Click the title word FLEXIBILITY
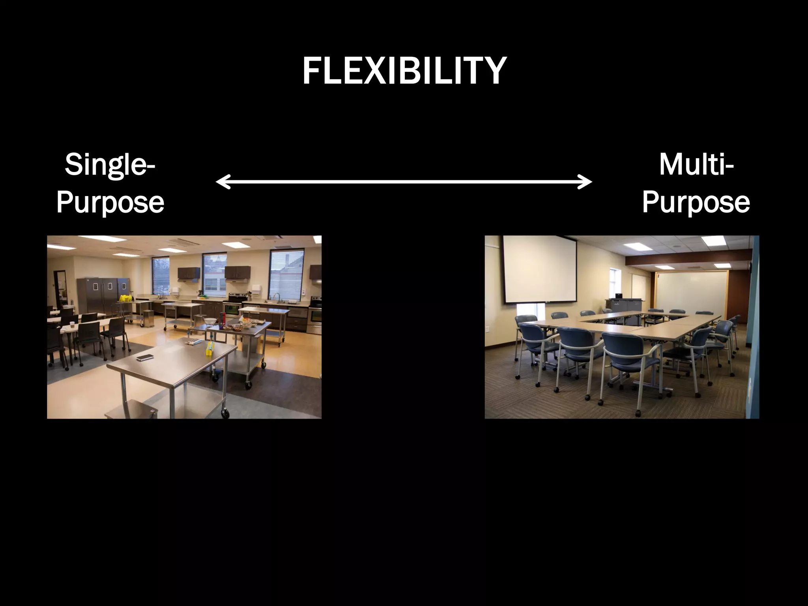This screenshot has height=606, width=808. [x=404, y=71]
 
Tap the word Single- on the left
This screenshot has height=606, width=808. [x=110, y=165]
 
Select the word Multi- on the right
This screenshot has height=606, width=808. [x=696, y=165]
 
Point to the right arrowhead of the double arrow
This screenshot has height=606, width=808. [x=588, y=181]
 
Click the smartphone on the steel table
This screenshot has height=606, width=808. [x=144, y=357]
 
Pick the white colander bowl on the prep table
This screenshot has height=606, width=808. [x=210, y=321]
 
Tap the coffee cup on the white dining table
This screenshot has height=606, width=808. [x=72, y=325]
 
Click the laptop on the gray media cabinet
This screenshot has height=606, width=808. [x=618, y=296]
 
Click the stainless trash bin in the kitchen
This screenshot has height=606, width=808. [x=148, y=318]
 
